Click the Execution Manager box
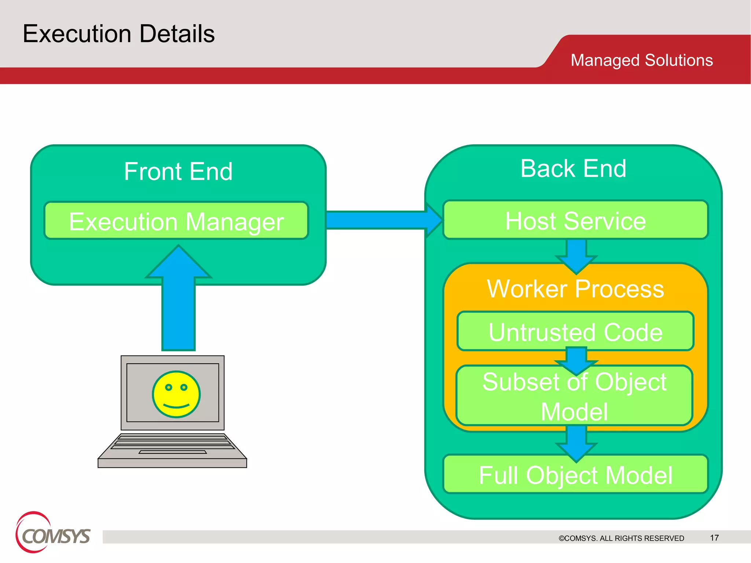pyautogui.click(x=176, y=221)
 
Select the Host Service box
pyautogui.click(x=575, y=220)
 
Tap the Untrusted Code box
pyautogui.click(x=575, y=332)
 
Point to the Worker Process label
pyautogui.click(x=575, y=289)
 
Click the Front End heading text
pyautogui.click(x=178, y=172)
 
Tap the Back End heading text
pyautogui.click(x=573, y=169)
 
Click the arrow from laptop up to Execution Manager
pyautogui.click(x=179, y=301)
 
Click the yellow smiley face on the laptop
pyautogui.click(x=176, y=394)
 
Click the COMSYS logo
pyautogui.click(x=53, y=534)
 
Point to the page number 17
pyautogui.click(x=714, y=538)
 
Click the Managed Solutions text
pyautogui.click(x=641, y=60)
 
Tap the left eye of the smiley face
pyautogui.click(x=168, y=387)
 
